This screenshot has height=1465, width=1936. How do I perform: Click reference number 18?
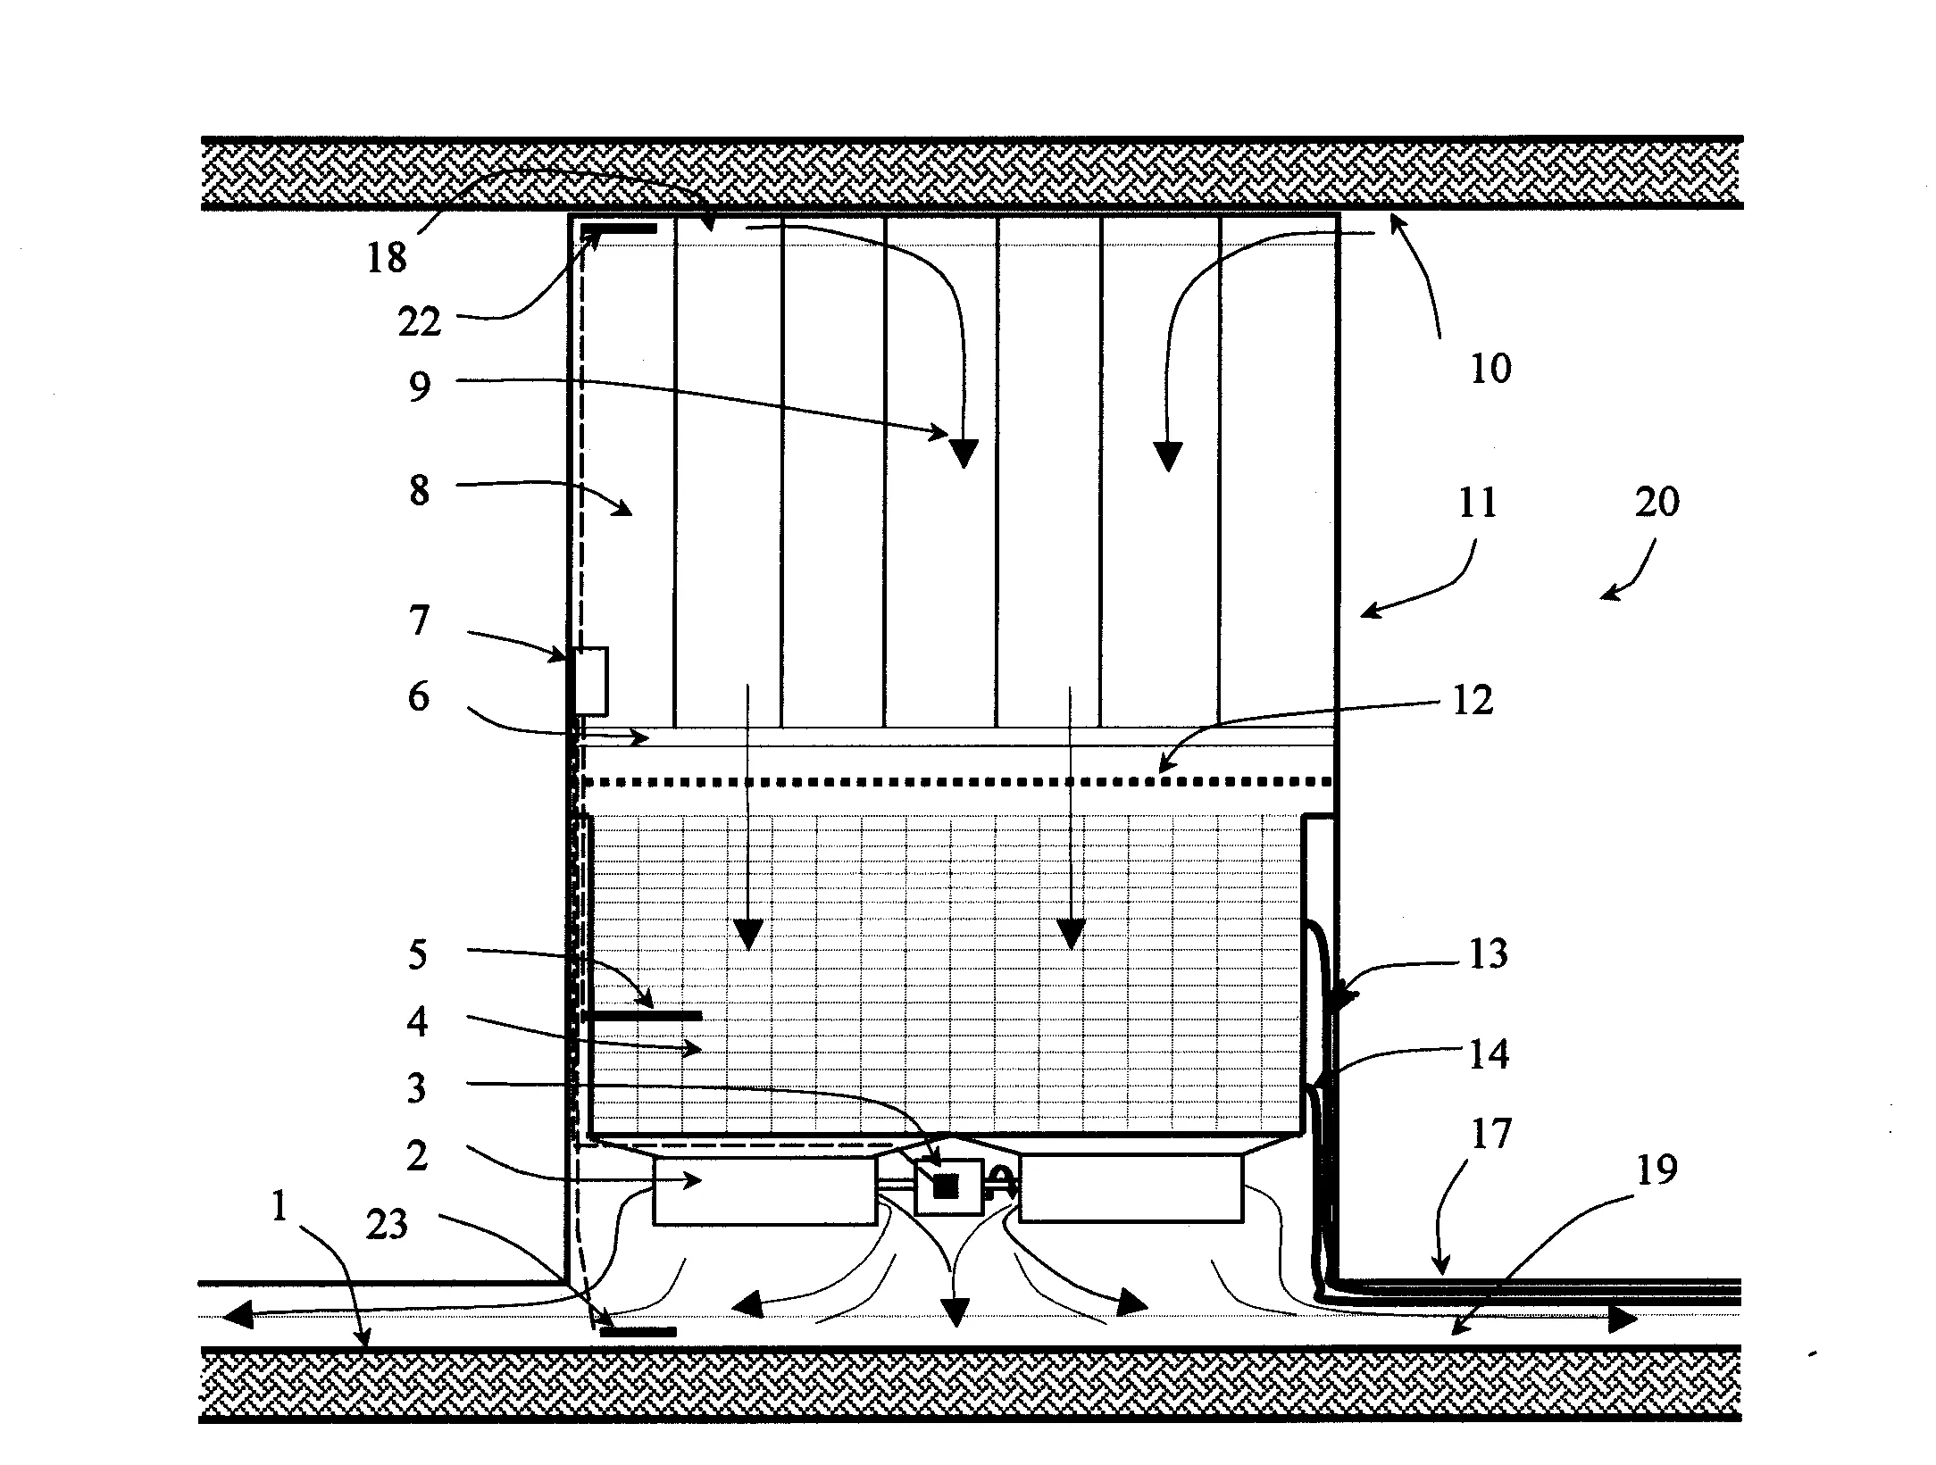(x=387, y=258)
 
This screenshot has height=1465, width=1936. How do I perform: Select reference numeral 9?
(x=420, y=387)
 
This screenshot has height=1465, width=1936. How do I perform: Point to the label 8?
(x=420, y=490)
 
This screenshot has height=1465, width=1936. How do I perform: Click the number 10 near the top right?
(x=1490, y=368)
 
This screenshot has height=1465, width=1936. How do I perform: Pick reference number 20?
(x=1656, y=502)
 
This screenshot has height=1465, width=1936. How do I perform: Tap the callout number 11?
(x=1477, y=504)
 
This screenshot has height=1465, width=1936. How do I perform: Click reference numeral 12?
(x=1473, y=701)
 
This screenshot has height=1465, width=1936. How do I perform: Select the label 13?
(x=1487, y=953)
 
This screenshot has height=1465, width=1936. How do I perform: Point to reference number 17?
(x=1490, y=1134)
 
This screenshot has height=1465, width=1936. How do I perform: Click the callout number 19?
(x=1656, y=1170)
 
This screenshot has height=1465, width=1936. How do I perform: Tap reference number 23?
(x=387, y=1224)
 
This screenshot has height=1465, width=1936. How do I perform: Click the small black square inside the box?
(x=946, y=1186)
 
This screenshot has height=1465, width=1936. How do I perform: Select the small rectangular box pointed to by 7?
(x=590, y=681)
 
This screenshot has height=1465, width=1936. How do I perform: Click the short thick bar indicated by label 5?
(x=642, y=1015)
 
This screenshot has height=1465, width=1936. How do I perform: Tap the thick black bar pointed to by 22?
(x=620, y=229)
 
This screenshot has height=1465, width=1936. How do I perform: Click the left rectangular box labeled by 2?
(x=764, y=1191)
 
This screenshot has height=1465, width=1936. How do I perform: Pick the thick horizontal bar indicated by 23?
(x=638, y=1332)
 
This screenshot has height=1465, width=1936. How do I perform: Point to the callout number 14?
(x=1489, y=1053)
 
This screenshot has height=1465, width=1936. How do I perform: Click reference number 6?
(x=418, y=697)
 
